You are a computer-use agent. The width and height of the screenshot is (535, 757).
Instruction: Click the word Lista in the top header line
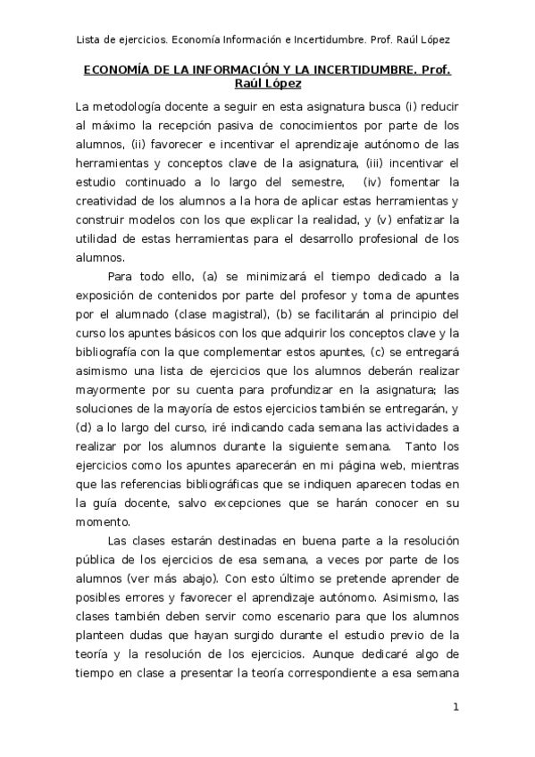click(89, 39)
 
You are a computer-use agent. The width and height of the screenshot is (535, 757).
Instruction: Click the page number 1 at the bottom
click(456, 708)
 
